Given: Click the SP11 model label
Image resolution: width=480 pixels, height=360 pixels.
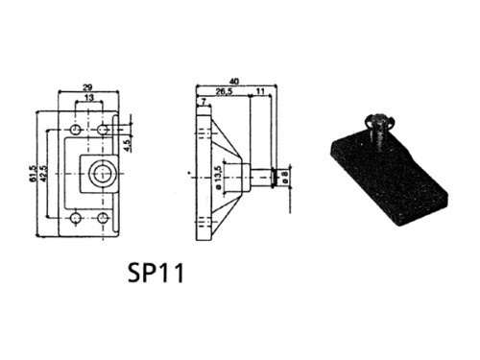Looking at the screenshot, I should click(154, 273).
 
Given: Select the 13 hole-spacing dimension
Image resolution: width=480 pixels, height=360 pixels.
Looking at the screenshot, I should click(88, 99).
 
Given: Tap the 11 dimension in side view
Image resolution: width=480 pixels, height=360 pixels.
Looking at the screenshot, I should click(261, 93).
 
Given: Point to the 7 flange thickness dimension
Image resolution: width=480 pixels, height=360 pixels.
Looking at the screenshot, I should click(202, 100).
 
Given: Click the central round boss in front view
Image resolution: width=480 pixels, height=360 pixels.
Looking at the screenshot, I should click(100, 174).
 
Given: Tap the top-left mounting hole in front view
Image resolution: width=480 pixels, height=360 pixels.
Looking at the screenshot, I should click(75, 128).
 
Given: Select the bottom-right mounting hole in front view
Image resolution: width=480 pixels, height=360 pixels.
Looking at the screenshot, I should click(102, 220).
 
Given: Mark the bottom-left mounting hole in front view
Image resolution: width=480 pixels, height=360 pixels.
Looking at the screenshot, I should click(75, 220).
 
